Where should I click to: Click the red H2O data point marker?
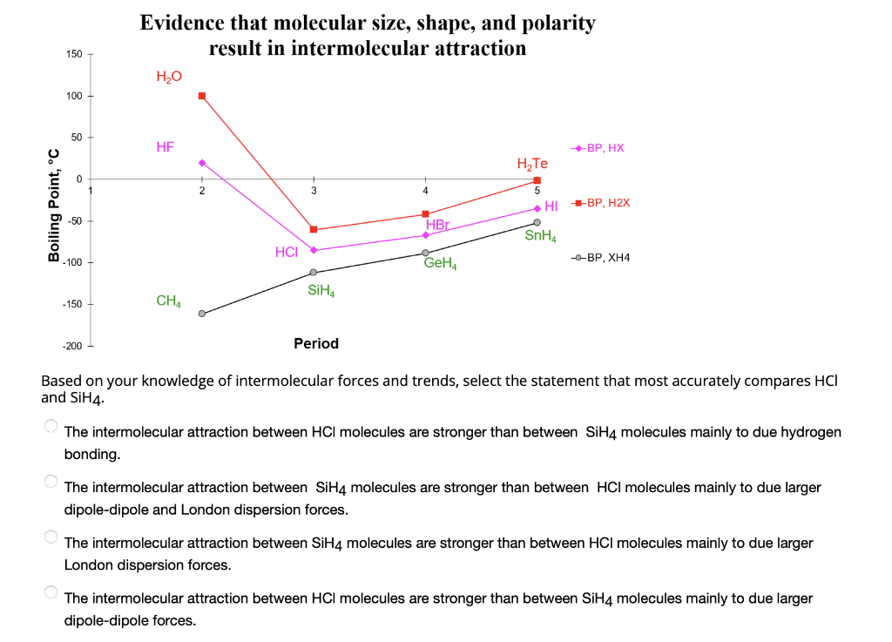point(202,96)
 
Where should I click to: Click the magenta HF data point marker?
point(202,162)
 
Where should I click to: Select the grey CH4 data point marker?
point(202,314)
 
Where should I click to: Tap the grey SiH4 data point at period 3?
point(314,273)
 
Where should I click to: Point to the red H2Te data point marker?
point(537,180)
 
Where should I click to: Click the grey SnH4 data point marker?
point(537,223)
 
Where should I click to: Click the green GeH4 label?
point(441,262)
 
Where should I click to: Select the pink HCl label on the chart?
point(287,252)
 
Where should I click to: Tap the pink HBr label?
point(437,225)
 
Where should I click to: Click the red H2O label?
point(169,77)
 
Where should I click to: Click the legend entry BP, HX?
point(598,148)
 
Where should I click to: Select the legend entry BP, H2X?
point(600,203)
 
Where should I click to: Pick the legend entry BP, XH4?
point(600,258)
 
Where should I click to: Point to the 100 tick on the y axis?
point(73,96)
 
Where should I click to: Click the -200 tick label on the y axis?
point(71,347)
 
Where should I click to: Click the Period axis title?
point(316,343)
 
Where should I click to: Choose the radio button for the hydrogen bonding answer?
point(51,426)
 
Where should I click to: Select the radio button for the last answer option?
point(51,592)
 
